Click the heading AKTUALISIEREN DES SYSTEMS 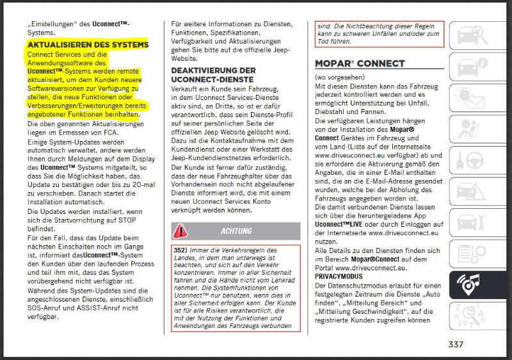point(88,45)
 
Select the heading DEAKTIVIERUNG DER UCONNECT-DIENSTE point(213,74)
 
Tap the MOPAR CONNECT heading point(360,63)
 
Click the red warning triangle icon point(180,231)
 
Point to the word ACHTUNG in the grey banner point(236,231)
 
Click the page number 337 point(456,344)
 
